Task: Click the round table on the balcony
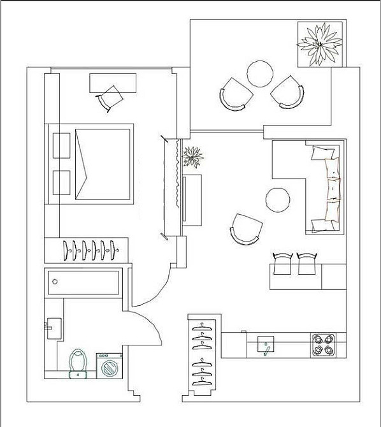pos(260,73)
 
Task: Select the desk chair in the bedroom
pos(111,98)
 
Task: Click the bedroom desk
pos(112,82)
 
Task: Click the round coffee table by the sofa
pos(278,199)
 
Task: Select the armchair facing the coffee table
pos(246,228)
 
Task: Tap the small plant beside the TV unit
pos(192,156)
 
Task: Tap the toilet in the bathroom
pos(78,363)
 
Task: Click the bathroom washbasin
pos(54,327)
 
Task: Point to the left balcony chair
pos(233,95)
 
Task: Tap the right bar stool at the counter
pos(307,263)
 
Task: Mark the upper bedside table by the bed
pos(62,145)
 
